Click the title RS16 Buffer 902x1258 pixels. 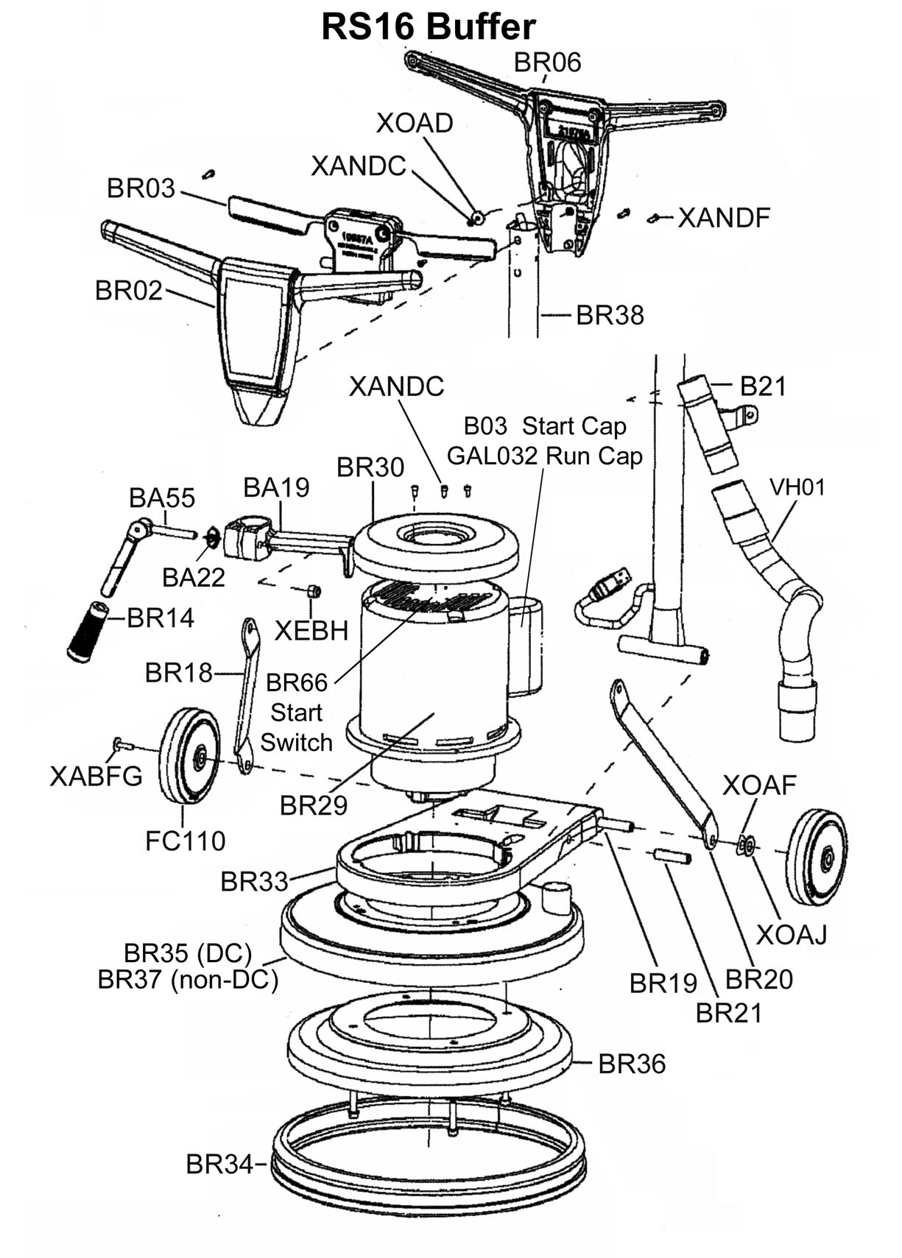click(x=428, y=27)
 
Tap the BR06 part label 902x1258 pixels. click(x=547, y=63)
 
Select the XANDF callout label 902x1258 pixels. click(x=723, y=218)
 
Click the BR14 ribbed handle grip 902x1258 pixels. click(x=88, y=632)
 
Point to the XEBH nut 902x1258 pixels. click(x=313, y=591)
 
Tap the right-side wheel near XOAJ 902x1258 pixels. click(x=816, y=857)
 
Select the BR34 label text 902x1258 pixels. click(x=219, y=1165)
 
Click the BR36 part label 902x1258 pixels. click(x=631, y=1064)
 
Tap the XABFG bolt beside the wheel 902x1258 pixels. click(x=122, y=745)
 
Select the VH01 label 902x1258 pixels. click(x=797, y=487)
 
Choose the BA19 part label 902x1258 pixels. click(x=276, y=487)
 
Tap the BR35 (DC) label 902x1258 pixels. click(x=187, y=953)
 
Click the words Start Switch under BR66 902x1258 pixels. click(x=296, y=727)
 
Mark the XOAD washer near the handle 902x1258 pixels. click(x=476, y=217)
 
